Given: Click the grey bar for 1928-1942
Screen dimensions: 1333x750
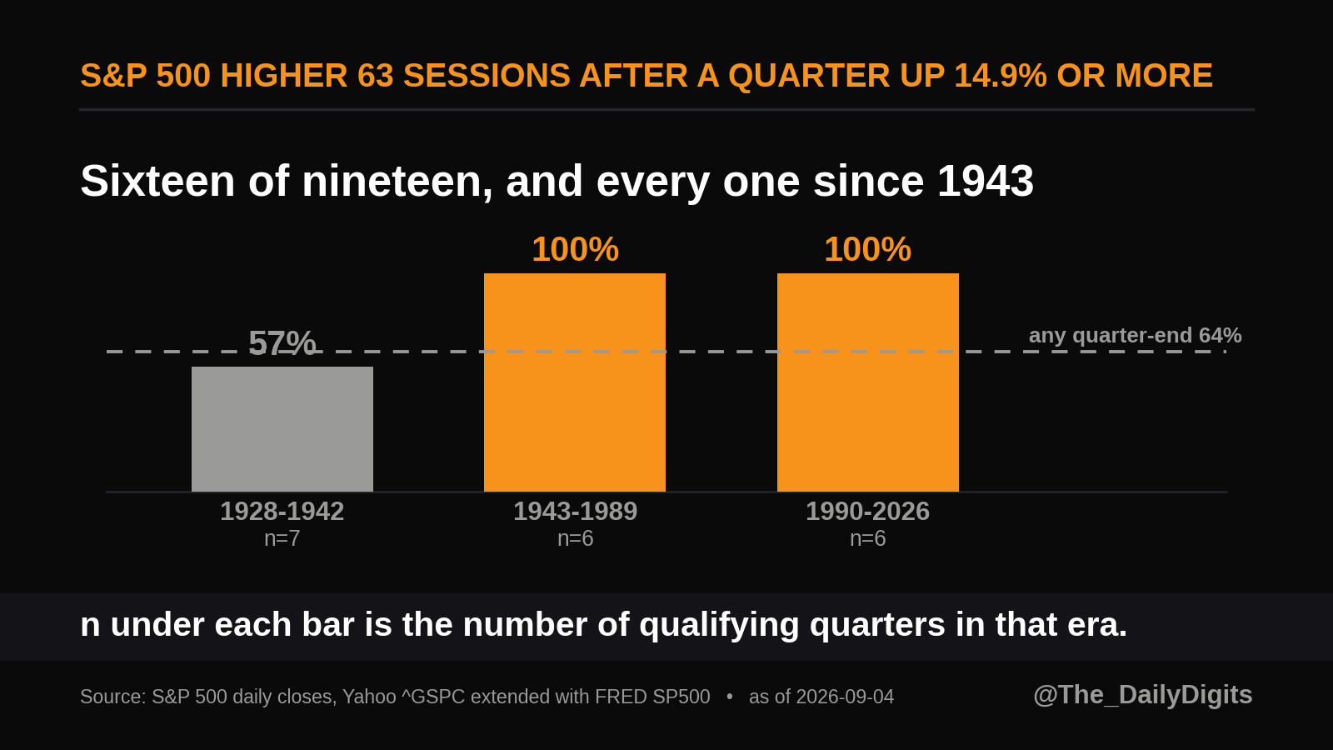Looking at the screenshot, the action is pyautogui.click(x=282, y=429).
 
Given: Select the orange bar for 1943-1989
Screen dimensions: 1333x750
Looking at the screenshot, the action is pyautogui.click(x=575, y=382).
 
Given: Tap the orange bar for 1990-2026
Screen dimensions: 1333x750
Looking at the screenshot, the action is pyautogui.click(x=867, y=382).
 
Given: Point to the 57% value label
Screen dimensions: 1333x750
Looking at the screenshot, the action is pyautogui.click(x=282, y=343).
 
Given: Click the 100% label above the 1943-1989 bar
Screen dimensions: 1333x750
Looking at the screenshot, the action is pyautogui.click(x=576, y=249).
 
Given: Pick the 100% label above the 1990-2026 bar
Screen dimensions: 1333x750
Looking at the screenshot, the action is pyautogui.click(x=867, y=249).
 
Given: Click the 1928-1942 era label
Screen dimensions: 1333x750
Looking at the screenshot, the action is pyautogui.click(x=282, y=512).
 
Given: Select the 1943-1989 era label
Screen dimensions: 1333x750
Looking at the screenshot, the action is pyautogui.click(x=576, y=512).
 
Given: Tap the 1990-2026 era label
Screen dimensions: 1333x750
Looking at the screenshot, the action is pyautogui.click(x=867, y=512).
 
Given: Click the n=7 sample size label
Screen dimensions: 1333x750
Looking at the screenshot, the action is pyautogui.click(x=282, y=538).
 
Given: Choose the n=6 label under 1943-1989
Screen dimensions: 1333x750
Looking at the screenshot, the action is pyautogui.click(x=576, y=538).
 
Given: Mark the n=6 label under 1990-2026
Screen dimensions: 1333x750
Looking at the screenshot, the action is pyautogui.click(x=867, y=538).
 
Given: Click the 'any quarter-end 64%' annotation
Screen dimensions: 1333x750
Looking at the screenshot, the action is pyautogui.click(x=1135, y=336).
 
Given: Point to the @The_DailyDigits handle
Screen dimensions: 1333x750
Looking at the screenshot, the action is pyautogui.click(x=1142, y=695).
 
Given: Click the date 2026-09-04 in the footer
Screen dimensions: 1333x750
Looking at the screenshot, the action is pyautogui.click(x=845, y=697).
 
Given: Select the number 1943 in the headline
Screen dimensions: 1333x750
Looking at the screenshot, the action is pyautogui.click(x=986, y=181).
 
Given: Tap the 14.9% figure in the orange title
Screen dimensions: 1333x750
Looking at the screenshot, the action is pyautogui.click(x=1001, y=76).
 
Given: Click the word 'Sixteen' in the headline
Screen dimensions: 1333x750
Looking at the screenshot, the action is pyautogui.click(x=157, y=181).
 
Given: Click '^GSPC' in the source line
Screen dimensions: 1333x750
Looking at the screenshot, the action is pyautogui.click(x=433, y=697).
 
